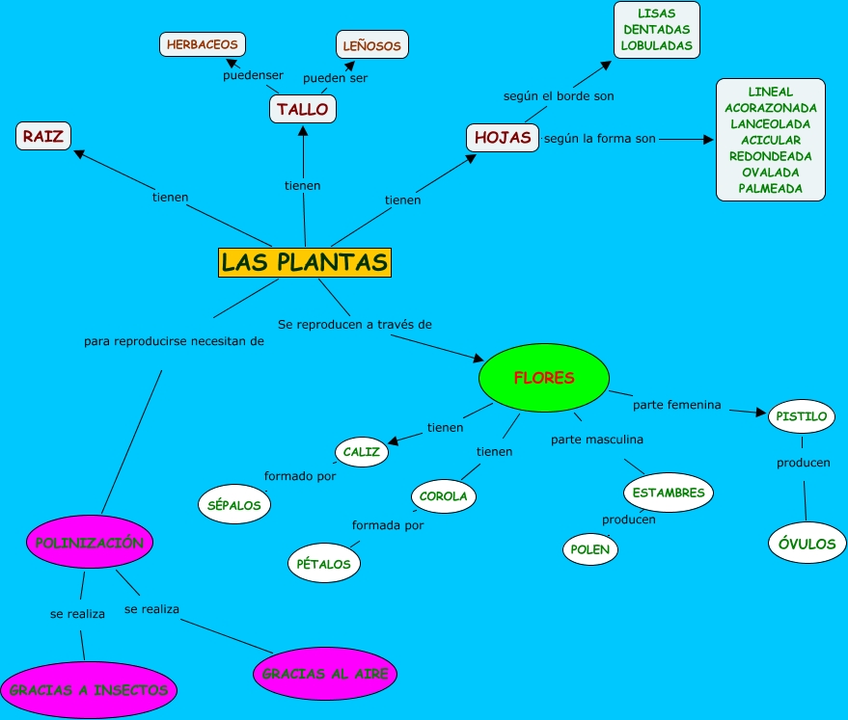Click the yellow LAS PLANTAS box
305,261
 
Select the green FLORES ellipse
544,378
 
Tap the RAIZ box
43,136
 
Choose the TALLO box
303,109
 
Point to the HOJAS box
502,137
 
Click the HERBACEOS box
202,44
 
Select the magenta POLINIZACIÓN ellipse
89,543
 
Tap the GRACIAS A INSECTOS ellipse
89,690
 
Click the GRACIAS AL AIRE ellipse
325,674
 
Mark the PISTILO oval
801,416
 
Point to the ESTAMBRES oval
669,493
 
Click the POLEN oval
590,549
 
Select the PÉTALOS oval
324,564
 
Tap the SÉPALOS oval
235,504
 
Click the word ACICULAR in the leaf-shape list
771,140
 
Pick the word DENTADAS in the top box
657,30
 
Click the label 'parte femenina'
677,405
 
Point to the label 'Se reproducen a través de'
355,324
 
